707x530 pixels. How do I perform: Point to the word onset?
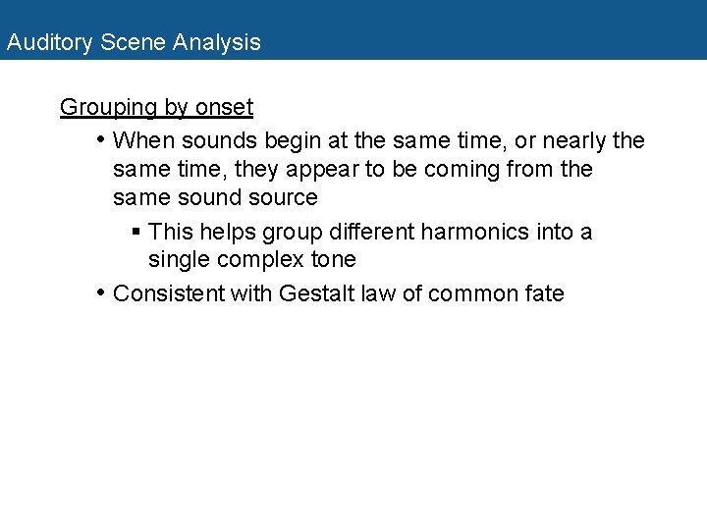pos(224,107)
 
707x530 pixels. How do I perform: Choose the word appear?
pos(320,170)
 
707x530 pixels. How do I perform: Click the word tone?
pos(333,260)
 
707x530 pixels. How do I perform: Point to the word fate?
pos(543,292)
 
